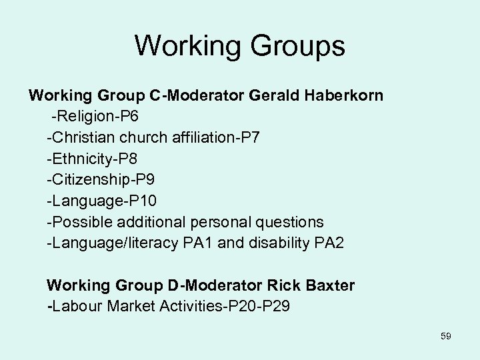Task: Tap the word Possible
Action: pyautogui.click(x=76, y=221)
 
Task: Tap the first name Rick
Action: pyautogui.click(x=282, y=286)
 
